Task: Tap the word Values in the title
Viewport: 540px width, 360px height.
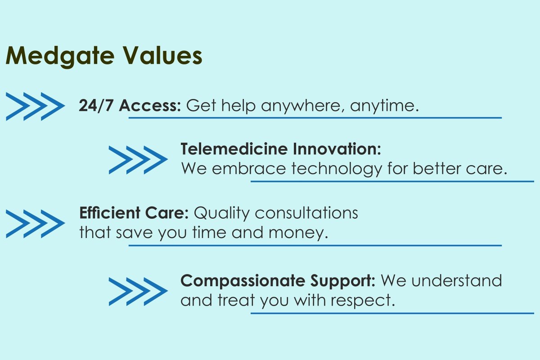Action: pos(163,55)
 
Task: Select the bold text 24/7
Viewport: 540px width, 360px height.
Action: pos(96,106)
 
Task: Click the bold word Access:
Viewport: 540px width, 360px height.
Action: pos(150,106)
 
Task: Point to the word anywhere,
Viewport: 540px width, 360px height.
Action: pos(303,107)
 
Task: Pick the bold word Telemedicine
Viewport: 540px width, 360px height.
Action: pos(234,149)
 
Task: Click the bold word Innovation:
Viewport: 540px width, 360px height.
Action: pos(337,149)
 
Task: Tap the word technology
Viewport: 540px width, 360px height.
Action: pos(337,169)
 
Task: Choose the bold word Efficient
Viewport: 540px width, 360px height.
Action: pos(110,213)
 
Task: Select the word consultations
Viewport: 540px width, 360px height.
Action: pos(306,213)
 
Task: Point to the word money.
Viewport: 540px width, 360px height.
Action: pos(298,233)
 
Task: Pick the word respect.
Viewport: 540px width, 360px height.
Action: pos(362,301)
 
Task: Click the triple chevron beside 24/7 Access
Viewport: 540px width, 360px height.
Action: pos(35,106)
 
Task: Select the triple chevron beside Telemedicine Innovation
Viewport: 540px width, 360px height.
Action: pos(138,160)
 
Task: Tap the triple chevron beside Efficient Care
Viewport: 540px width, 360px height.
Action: pos(35,224)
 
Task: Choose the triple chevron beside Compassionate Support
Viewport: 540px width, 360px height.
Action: pos(138,292)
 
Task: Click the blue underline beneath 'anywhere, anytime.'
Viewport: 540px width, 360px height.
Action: pos(315,118)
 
